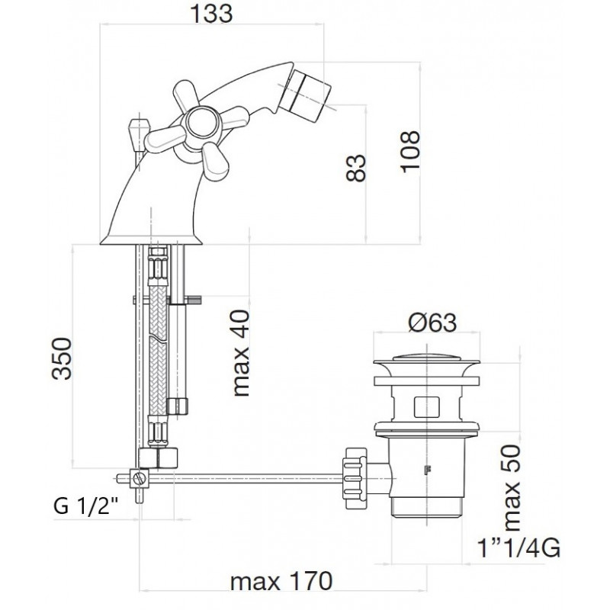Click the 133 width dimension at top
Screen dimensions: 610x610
point(212,14)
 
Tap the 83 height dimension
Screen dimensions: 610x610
point(356,168)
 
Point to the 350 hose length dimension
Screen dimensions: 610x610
point(62,358)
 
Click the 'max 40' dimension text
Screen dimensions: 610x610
point(241,352)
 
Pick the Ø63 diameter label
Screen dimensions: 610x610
point(432,323)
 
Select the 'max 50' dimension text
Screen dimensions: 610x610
point(512,487)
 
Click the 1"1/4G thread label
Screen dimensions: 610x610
point(519,547)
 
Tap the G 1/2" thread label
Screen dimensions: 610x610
point(86,506)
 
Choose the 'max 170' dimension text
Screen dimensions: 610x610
point(281,581)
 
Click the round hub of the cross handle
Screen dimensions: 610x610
point(199,122)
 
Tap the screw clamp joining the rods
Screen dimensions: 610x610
point(140,478)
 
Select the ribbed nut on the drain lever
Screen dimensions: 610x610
point(354,478)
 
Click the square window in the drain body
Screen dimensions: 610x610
point(426,406)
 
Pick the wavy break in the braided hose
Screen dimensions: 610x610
point(158,338)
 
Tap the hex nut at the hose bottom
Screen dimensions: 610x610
point(158,458)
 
